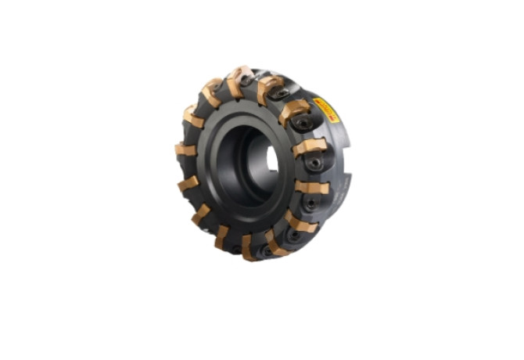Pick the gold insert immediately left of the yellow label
[x=296, y=113]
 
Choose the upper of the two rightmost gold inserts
[x=310, y=146]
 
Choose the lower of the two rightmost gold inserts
[x=310, y=187]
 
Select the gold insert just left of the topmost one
[x=210, y=92]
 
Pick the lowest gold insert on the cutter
[x=249, y=248]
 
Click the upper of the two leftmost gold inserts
[x=185, y=149]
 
